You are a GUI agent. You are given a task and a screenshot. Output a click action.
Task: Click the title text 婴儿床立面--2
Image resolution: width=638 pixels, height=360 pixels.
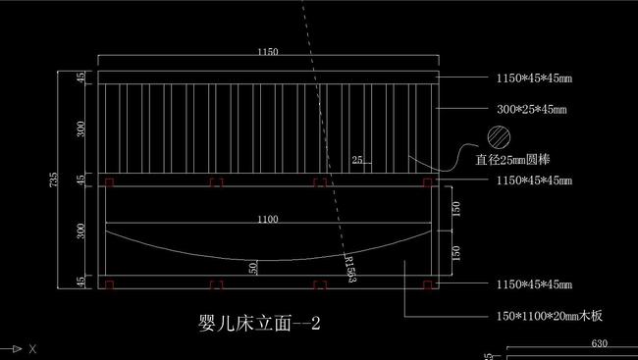[x=259, y=323]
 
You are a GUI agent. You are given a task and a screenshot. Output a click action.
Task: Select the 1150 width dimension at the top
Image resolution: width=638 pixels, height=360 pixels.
[x=267, y=51]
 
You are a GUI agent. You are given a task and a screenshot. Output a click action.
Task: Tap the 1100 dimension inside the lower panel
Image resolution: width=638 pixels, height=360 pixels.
[x=267, y=220]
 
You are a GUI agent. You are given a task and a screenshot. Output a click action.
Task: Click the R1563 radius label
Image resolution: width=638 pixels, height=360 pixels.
[x=349, y=270]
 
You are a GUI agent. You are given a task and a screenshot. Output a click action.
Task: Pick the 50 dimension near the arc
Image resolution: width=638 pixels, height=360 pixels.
[x=253, y=267]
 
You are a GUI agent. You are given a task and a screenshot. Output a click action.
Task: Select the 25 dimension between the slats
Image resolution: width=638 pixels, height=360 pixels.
[x=356, y=159]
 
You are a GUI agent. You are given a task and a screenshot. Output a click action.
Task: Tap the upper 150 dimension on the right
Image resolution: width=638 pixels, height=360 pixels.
[x=455, y=209]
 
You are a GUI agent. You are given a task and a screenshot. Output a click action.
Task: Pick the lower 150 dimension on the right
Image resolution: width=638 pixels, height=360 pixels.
[x=455, y=253]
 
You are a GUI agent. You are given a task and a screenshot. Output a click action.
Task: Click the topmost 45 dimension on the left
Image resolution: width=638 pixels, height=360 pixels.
[x=81, y=77]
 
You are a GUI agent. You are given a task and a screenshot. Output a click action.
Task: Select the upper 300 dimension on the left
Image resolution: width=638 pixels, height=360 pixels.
[x=81, y=128]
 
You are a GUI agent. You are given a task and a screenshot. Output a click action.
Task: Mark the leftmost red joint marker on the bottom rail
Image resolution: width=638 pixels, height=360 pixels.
[x=110, y=285]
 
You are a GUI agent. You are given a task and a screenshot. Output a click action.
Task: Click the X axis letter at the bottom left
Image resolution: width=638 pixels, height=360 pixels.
[x=32, y=348]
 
